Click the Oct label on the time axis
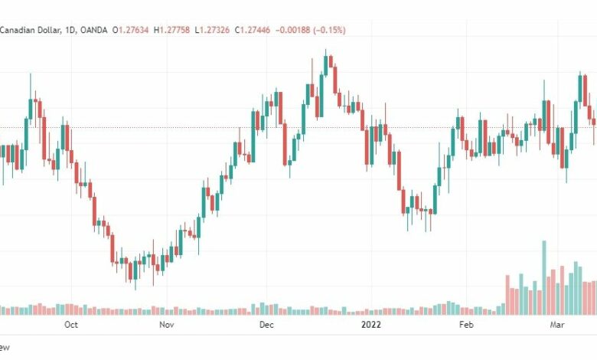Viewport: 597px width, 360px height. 71,325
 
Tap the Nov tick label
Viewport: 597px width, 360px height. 167,325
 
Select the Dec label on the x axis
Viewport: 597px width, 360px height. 266,325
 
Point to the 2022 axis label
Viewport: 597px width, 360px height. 371,325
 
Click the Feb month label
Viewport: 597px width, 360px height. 466,325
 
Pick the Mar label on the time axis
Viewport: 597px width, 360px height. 557,325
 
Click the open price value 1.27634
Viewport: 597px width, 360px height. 134,30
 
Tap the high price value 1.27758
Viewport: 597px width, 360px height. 175,30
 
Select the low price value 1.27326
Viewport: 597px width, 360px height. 215,30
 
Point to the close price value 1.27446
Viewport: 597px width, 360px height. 255,30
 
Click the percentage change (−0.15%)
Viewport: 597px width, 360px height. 329,30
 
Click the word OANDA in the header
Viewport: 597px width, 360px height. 94,30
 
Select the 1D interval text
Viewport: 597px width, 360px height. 70,30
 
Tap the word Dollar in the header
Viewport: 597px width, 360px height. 48,30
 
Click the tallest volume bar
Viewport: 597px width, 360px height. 544,278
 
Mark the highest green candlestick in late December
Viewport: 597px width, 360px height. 326,66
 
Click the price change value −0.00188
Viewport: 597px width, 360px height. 293,30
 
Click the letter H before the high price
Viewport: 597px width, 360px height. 156,30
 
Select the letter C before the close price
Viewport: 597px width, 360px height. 237,30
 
